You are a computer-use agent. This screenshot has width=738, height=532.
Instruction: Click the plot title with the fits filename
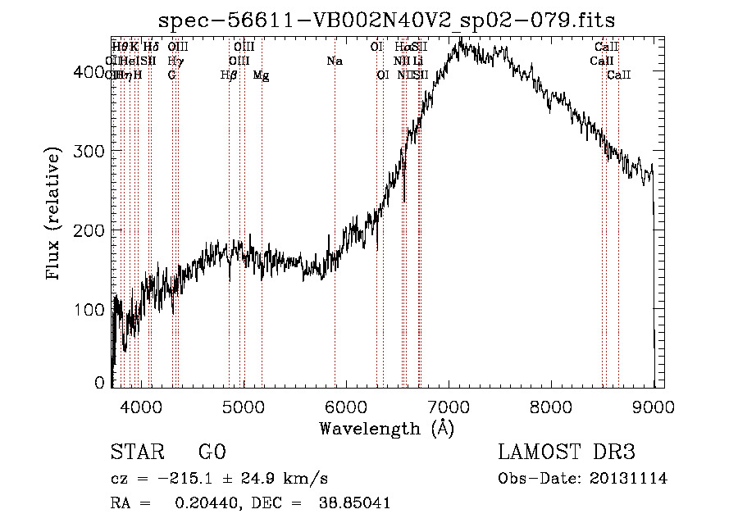pos(386,20)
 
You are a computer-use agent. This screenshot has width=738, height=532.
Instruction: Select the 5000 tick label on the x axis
pos(243,406)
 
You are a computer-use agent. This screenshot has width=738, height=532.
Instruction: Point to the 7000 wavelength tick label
pos(449,406)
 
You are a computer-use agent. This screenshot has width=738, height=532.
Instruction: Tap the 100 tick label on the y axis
pos(91,310)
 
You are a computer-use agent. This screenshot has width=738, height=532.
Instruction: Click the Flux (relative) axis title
pos(55,215)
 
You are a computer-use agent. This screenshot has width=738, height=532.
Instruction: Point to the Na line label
pos(335,61)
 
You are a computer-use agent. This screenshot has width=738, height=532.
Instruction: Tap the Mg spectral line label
pos(261,75)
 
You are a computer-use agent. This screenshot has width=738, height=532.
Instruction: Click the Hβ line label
pos(229,75)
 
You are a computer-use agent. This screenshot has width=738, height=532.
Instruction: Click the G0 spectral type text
pos(212,453)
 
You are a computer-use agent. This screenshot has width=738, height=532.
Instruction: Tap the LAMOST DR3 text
pos(567,453)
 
